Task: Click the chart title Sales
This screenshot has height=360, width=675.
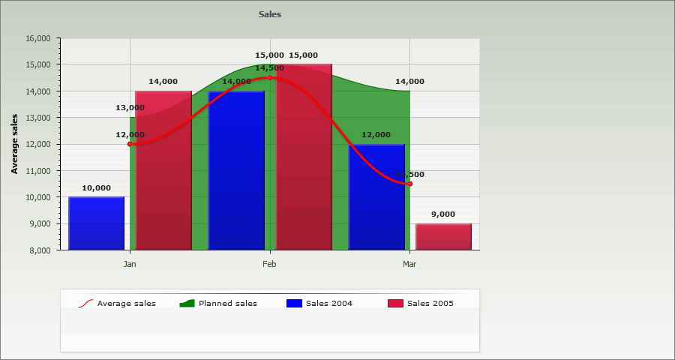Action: click(x=270, y=14)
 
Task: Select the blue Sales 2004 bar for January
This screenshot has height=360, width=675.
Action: click(x=96, y=223)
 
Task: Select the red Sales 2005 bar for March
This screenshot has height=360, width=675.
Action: click(x=443, y=236)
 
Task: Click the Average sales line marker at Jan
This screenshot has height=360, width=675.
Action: click(x=130, y=144)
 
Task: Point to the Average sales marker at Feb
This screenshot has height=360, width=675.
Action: click(x=270, y=77)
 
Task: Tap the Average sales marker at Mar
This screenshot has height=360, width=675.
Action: click(x=409, y=184)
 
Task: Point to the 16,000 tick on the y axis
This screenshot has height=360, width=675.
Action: click(x=38, y=38)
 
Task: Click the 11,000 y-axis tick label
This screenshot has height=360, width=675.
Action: click(x=38, y=171)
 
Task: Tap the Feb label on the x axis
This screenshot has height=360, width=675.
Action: click(x=270, y=264)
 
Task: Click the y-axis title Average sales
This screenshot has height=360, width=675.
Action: click(x=14, y=144)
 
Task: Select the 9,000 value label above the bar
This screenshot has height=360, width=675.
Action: click(x=443, y=214)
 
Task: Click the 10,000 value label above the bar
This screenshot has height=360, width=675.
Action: click(x=96, y=187)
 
